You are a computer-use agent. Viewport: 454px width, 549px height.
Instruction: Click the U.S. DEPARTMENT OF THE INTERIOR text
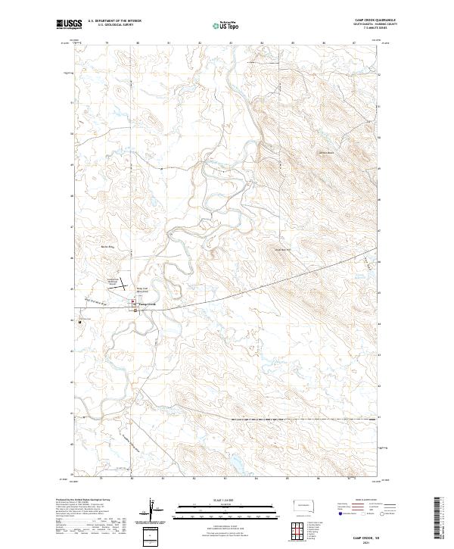click(114, 21)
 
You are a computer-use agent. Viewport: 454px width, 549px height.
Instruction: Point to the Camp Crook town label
click(147, 304)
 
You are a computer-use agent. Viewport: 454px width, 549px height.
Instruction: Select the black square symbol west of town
click(80, 322)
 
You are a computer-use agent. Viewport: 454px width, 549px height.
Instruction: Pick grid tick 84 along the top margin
click(261, 43)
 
